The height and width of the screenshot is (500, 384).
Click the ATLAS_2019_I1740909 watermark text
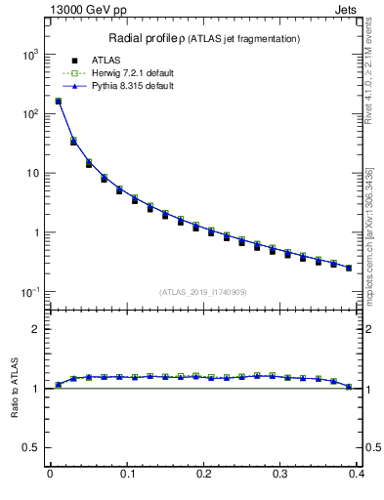203,292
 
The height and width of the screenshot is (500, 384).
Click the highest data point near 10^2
58,101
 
